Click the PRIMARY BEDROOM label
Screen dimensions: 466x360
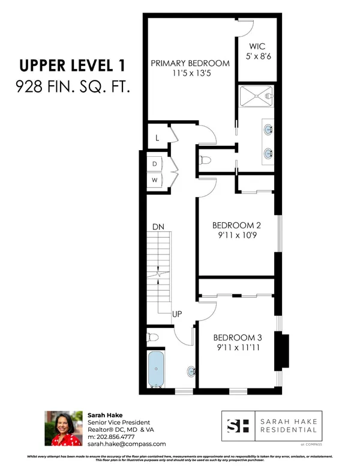[190, 63]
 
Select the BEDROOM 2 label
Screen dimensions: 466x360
[236, 226]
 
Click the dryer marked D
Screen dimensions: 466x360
[154, 163]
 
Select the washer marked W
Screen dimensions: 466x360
[154, 180]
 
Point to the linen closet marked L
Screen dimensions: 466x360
[157, 138]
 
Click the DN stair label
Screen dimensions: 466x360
[158, 227]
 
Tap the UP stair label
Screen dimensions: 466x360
[178, 314]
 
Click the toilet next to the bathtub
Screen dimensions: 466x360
[154, 337]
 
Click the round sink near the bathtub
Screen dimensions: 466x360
[191, 371]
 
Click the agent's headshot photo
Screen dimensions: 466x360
[63, 429]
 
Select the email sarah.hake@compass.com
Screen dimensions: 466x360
[127, 444]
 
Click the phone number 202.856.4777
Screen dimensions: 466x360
[115, 437]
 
